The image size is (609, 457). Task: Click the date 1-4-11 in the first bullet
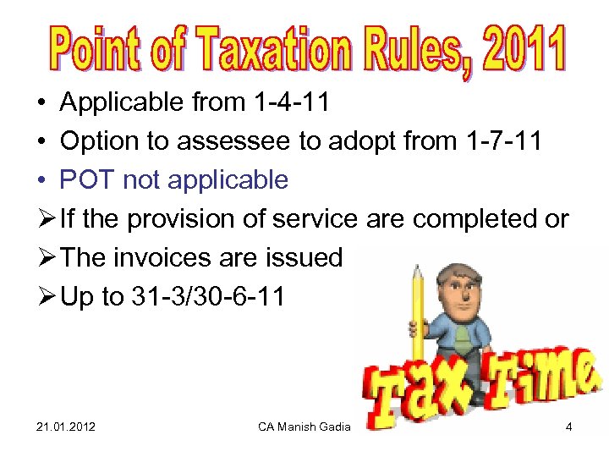tap(291, 103)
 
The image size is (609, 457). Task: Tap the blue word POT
tap(88, 180)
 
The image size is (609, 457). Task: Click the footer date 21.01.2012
tap(66, 427)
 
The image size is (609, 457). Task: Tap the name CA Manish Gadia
tap(304, 427)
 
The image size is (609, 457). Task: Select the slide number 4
tap(569, 427)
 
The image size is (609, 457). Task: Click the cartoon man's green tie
tap(462, 339)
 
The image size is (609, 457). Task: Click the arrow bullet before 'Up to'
tap(46, 296)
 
